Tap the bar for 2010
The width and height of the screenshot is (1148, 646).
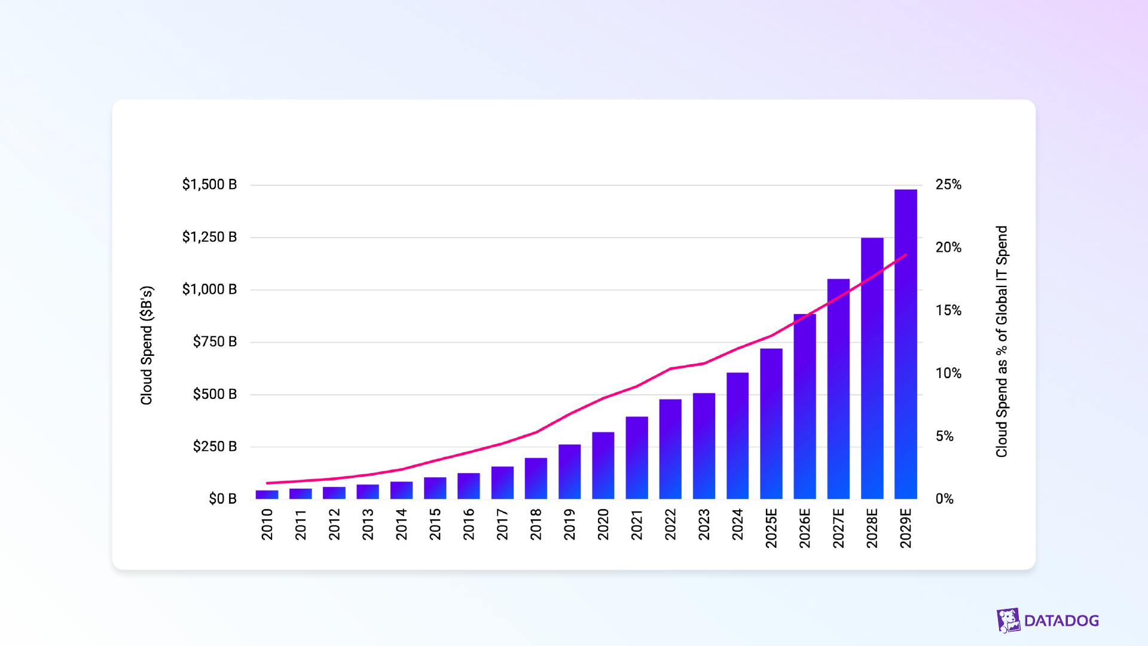[267, 495]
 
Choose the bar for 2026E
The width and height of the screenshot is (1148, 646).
[805, 406]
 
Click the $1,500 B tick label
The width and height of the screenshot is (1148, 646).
[209, 184]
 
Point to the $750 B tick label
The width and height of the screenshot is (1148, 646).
[215, 342]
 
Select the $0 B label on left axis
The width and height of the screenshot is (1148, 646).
[222, 499]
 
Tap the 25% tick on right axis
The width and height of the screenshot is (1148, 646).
[948, 184]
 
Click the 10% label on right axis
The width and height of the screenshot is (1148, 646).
[948, 373]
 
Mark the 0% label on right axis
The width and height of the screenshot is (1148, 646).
[945, 499]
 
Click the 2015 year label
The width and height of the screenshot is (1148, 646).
[435, 524]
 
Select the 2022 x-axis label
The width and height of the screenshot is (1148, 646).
[670, 524]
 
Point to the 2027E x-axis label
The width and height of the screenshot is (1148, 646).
[838, 528]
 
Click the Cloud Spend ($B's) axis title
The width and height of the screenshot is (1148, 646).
[146, 345]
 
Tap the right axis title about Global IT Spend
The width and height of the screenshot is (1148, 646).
[1002, 342]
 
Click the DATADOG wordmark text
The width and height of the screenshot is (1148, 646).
[1061, 621]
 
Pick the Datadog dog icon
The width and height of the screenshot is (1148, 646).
[1009, 620]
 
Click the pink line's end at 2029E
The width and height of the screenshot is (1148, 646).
[906, 255]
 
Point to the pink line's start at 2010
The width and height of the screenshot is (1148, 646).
[267, 483]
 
